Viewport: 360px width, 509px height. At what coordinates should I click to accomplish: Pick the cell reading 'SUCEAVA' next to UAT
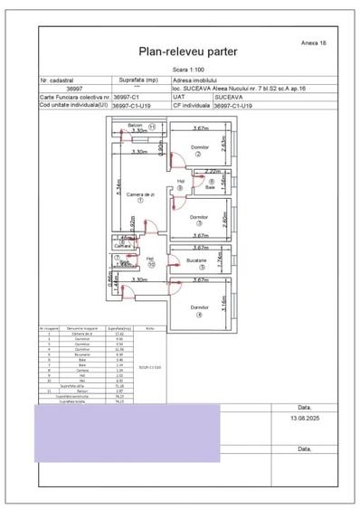228,97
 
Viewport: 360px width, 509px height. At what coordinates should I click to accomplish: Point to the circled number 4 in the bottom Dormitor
199,315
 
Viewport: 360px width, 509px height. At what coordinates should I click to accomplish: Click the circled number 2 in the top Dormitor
198,153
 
